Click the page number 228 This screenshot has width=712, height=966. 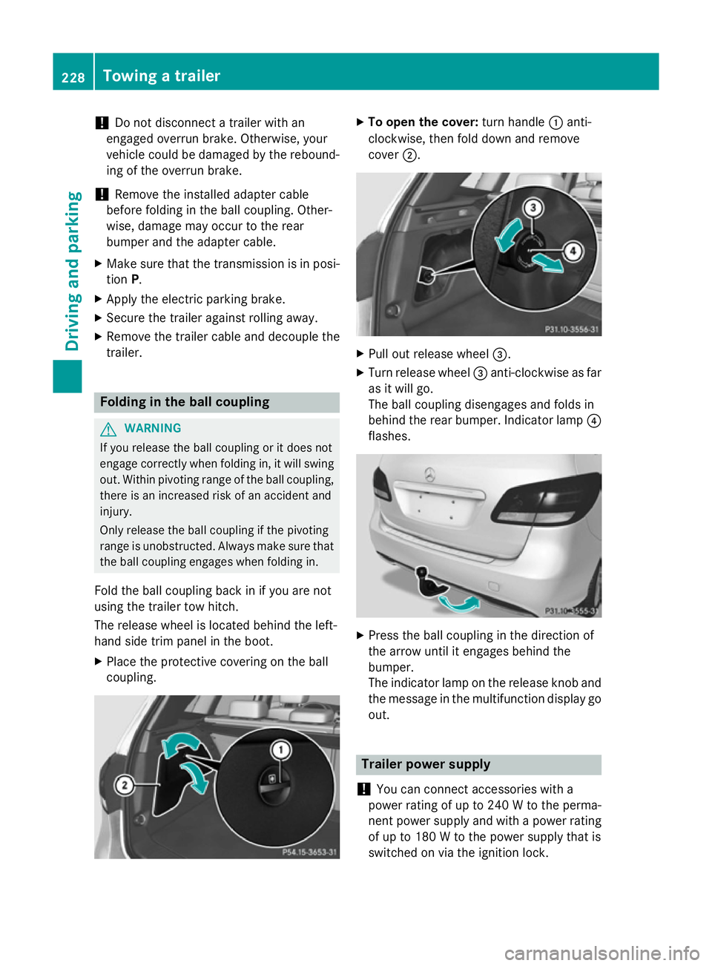click(x=73, y=77)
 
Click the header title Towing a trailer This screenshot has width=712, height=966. click(x=161, y=76)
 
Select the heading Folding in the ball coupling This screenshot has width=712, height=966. click(x=185, y=402)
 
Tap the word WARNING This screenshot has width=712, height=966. click(x=153, y=428)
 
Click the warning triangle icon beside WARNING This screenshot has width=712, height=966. click(x=108, y=429)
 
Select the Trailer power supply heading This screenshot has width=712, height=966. click(x=426, y=764)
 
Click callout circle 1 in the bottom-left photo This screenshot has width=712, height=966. click(x=280, y=750)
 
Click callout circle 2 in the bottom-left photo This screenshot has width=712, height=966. click(x=125, y=785)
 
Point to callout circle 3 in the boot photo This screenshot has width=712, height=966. click(x=533, y=208)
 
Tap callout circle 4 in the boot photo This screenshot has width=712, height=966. click(x=573, y=251)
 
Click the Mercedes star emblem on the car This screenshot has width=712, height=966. click(x=429, y=474)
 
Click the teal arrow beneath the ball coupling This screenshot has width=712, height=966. click(x=459, y=602)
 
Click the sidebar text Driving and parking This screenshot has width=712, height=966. click(x=73, y=271)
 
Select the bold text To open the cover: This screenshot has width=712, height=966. click(x=423, y=122)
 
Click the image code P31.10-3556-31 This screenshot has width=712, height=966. click(x=571, y=329)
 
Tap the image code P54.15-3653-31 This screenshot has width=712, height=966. click(x=309, y=852)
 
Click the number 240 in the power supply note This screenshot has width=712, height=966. click(x=498, y=805)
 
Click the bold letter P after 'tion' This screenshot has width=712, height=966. click(x=135, y=280)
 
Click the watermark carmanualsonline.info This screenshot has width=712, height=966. click(x=601, y=953)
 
